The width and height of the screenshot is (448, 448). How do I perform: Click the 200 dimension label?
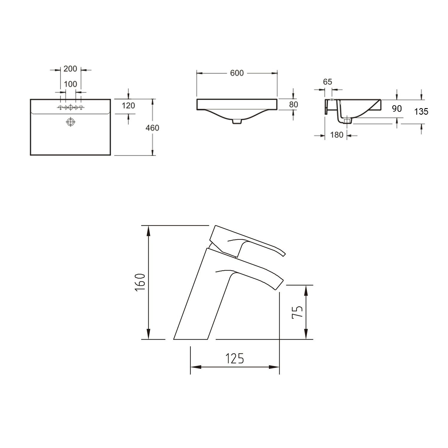(x=70, y=69)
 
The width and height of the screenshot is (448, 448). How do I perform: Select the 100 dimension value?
(x=70, y=84)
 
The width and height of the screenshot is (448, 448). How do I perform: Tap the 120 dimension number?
(x=128, y=105)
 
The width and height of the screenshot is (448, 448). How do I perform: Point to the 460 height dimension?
(x=153, y=128)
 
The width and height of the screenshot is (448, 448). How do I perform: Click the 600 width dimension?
(x=237, y=73)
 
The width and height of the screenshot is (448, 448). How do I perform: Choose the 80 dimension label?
(x=294, y=104)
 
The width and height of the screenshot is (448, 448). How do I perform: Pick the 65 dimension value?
(x=328, y=82)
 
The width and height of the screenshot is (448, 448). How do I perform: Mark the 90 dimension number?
(x=397, y=109)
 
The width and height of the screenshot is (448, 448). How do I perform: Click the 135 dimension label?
(x=421, y=112)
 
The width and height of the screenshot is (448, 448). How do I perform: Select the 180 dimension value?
(x=337, y=135)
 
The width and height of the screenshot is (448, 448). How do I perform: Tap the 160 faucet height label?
(x=141, y=283)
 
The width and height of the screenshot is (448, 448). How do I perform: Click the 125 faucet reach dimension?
(x=234, y=358)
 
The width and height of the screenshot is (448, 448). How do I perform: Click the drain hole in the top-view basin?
(x=70, y=122)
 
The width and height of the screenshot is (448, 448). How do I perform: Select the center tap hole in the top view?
(x=70, y=108)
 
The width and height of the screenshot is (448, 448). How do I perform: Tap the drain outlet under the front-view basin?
(x=237, y=122)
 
